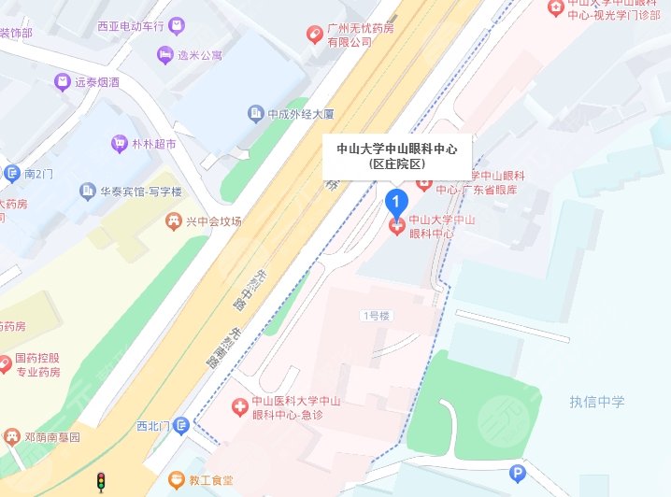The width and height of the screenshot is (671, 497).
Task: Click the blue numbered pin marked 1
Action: pos(396,200)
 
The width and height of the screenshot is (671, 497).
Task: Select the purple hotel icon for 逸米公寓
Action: pos(165,55)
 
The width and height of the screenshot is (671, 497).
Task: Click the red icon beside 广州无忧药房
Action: pos(316,35)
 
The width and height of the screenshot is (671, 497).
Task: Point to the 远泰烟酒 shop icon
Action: pos(63,82)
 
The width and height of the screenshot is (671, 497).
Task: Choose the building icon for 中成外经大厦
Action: pos(254,115)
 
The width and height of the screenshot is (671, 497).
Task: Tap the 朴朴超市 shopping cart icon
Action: pos(119,144)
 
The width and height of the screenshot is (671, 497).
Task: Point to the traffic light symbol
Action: pos(101,482)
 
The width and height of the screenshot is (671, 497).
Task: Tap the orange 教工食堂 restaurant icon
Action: pos(175,479)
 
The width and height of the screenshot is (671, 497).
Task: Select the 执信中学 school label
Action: pos(597,403)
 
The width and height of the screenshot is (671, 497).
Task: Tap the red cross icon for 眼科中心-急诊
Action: pos(239,407)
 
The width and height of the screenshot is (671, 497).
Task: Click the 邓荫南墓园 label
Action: pos(50,436)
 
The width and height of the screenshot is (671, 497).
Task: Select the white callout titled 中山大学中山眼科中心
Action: pos(396,155)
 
